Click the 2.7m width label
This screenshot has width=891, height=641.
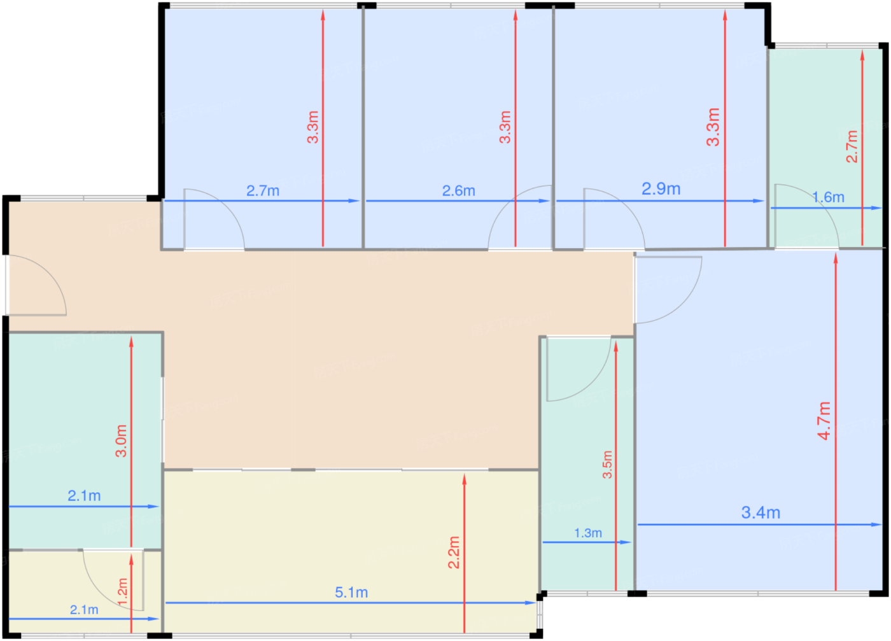click(x=262, y=191)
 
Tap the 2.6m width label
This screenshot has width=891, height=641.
click(x=459, y=191)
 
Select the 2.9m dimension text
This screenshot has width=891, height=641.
click(x=661, y=188)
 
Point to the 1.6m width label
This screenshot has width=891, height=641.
click(x=828, y=197)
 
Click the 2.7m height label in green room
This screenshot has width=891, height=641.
click(x=852, y=146)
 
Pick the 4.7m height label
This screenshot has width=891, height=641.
click(x=824, y=421)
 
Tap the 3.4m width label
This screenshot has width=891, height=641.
click(x=761, y=512)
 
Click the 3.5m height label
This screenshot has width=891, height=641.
click(x=607, y=464)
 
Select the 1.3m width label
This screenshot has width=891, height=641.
click(x=588, y=533)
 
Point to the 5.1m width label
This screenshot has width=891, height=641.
click(x=351, y=593)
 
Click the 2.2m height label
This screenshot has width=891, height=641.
click(x=454, y=553)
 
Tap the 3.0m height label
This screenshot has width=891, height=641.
click(x=121, y=441)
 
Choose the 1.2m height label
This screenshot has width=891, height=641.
click(x=122, y=592)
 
